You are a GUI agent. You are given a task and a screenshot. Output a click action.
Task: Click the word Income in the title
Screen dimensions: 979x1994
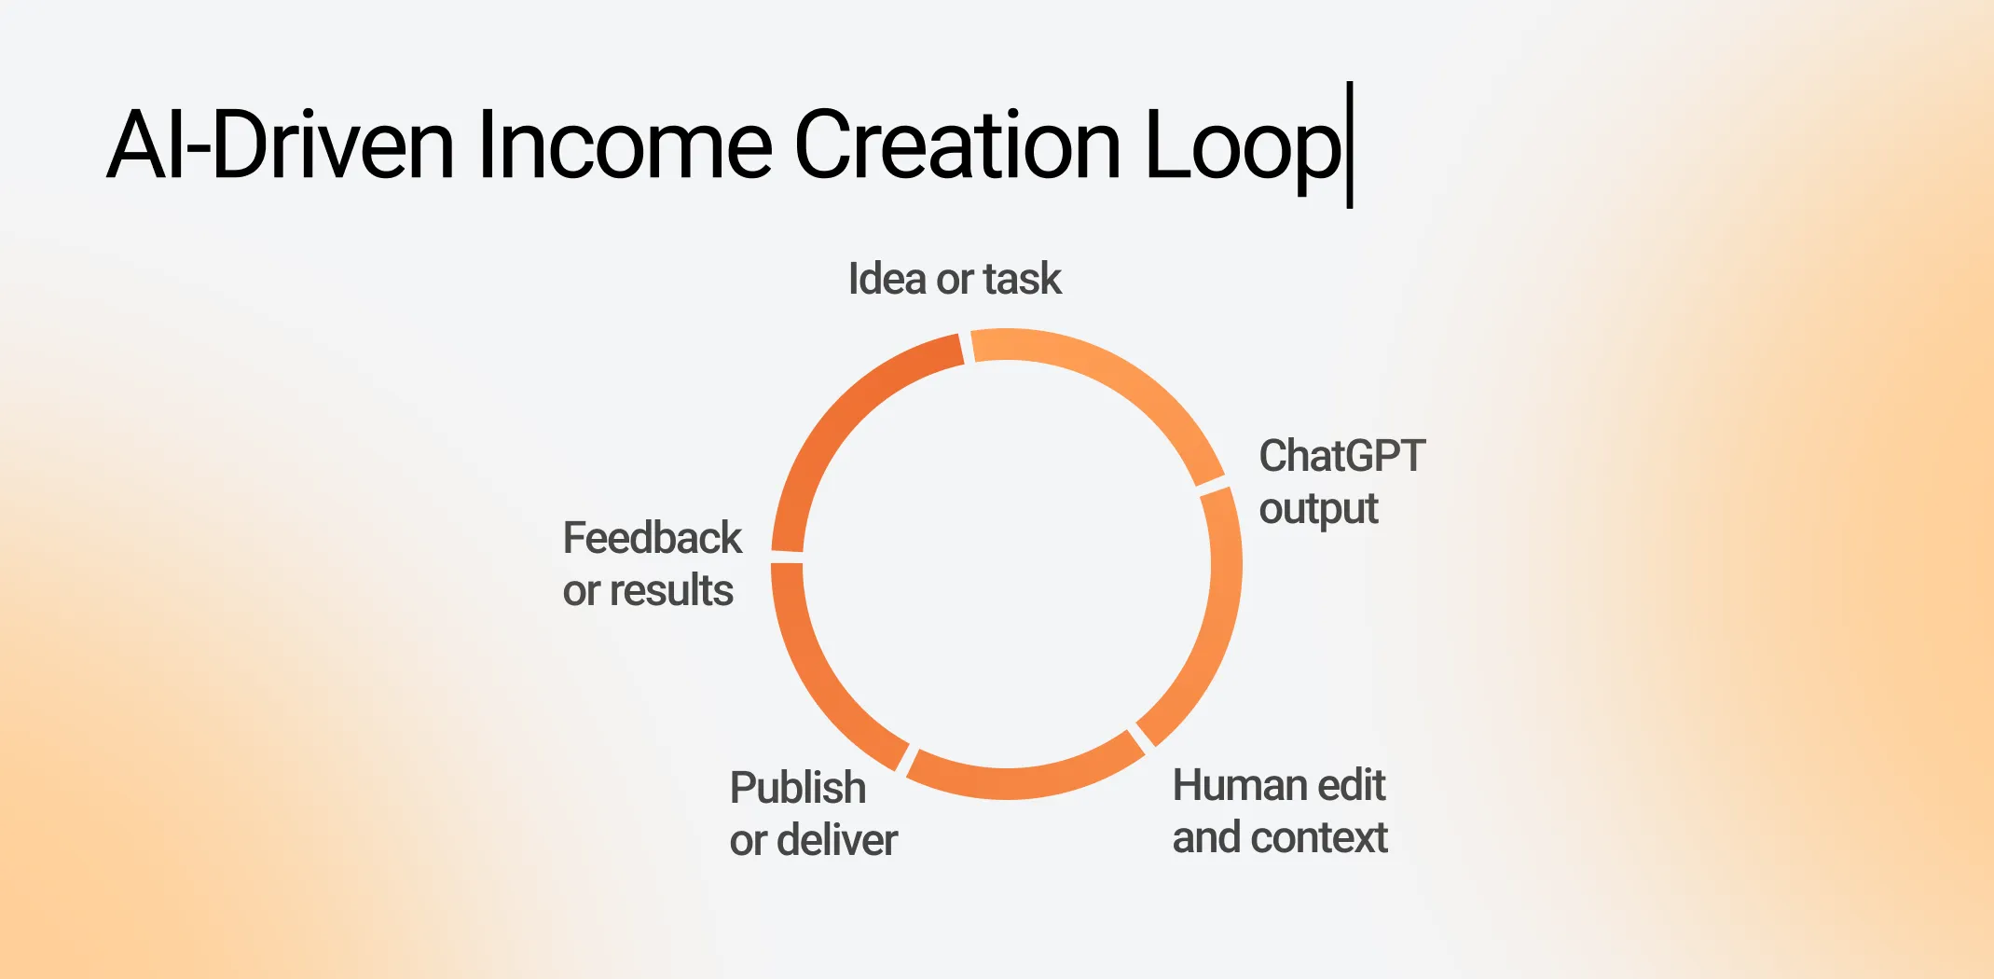click(x=624, y=145)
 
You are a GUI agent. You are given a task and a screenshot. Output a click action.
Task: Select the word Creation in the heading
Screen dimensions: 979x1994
click(x=956, y=145)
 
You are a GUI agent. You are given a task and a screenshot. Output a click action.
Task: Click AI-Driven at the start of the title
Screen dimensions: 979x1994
click(x=280, y=145)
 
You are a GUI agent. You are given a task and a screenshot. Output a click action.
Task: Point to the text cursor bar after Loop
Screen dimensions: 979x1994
click(x=1350, y=145)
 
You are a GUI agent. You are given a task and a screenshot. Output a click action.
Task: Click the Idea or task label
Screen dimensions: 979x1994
click(x=954, y=279)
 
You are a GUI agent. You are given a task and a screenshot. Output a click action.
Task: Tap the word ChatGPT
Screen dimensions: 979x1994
click(x=1341, y=457)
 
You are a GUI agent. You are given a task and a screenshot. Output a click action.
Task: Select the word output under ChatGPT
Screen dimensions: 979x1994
click(x=1318, y=510)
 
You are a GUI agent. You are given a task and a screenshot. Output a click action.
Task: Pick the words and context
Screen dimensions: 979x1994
click(x=1279, y=837)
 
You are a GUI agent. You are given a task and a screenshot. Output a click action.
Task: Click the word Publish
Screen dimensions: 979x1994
click(x=797, y=788)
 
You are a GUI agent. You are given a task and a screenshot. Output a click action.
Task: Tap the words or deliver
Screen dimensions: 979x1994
click(x=813, y=840)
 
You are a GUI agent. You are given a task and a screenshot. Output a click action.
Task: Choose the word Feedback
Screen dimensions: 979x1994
click(x=652, y=538)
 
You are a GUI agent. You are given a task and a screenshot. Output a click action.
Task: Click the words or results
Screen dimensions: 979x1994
click(x=648, y=591)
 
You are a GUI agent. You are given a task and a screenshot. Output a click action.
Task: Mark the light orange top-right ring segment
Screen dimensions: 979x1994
click(x=1119, y=382)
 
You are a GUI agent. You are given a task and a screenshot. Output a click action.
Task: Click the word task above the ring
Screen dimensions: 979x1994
click(x=1022, y=279)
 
